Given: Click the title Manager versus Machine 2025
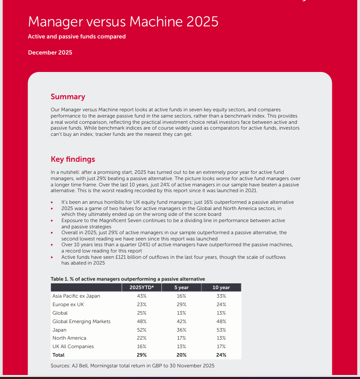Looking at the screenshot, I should [x=123, y=21].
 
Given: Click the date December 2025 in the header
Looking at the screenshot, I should [x=50, y=53].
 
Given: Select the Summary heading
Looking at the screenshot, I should [x=68, y=97].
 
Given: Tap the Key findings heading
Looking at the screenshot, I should [x=73, y=159].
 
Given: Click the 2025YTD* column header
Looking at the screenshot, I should [x=142, y=287].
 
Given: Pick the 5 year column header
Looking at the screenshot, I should [x=181, y=287].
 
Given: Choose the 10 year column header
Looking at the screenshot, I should [x=221, y=287].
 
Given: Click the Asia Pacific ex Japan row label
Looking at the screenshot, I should [x=76, y=296].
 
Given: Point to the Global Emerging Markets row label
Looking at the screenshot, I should [x=81, y=321].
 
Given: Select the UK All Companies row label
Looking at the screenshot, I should [x=73, y=346].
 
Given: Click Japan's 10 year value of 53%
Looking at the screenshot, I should [x=221, y=330].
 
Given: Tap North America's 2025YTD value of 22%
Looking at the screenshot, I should [x=142, y=338].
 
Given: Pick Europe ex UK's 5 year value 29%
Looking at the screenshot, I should [x=181, y=304].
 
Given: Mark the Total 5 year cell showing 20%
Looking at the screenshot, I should [x=181, y=355].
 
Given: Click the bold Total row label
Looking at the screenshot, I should [x=59, y=355].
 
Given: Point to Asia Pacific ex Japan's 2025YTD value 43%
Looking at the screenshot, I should [x=142, y=296].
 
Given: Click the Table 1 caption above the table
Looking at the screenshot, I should [x=128, y=279].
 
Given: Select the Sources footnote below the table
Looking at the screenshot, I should [x=133, y=366].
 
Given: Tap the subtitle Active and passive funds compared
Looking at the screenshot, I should [x=77, y=37].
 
